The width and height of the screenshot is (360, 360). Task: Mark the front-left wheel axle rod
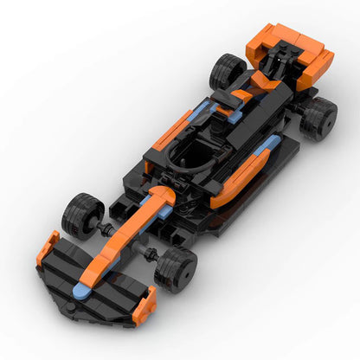click(109, 228)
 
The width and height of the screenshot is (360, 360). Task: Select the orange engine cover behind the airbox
click(260, 87)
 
